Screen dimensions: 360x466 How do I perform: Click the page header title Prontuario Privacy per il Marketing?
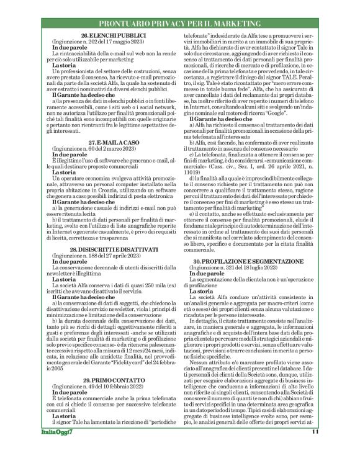click(180, 23)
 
